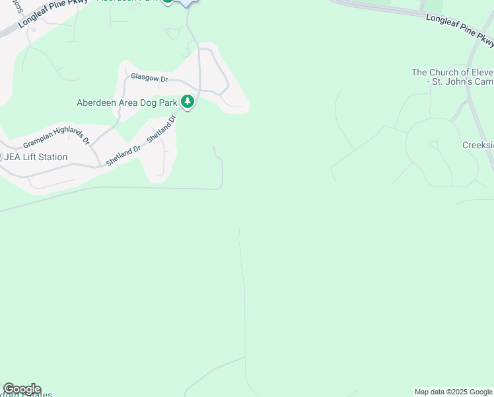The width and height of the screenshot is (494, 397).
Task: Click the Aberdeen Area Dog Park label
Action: point(127,103)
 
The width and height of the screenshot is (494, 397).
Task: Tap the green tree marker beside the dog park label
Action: point(188,102)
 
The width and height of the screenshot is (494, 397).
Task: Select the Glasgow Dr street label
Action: point(149,78)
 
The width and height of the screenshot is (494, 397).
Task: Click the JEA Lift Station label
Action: point(36,157)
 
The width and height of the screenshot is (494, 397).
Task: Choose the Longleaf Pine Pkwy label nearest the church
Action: point(460,30)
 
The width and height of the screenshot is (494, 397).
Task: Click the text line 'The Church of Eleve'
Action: point(452,72)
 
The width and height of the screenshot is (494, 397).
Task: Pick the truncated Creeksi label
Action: point(477,145)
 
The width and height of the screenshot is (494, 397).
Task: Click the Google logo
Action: point(21,389)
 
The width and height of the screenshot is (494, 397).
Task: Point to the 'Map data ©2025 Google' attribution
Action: point(453,392)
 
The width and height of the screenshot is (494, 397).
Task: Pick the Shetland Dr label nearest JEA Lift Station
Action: point(123,156)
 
